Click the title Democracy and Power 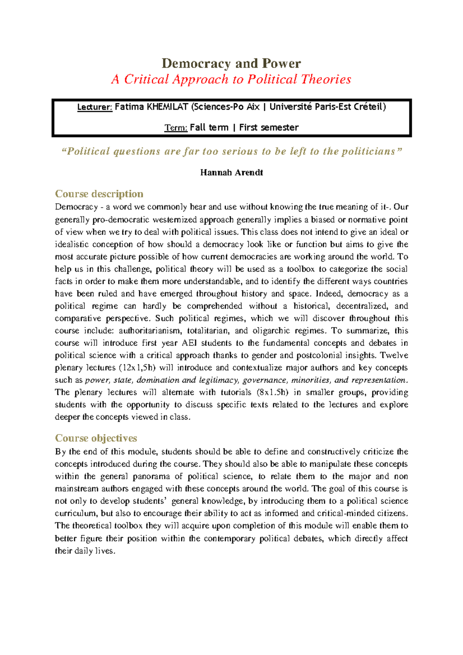coord(231,63)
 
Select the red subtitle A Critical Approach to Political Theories coord(231,79)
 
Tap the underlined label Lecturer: coord(95,107)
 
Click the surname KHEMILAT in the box coord(167,107)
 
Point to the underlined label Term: coord(176,128)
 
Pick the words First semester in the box coord(269,128)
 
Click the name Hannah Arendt coord(231,172)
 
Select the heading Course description coord(99,194)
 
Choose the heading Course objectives coord(96,438)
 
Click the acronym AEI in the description coord(189,343)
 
